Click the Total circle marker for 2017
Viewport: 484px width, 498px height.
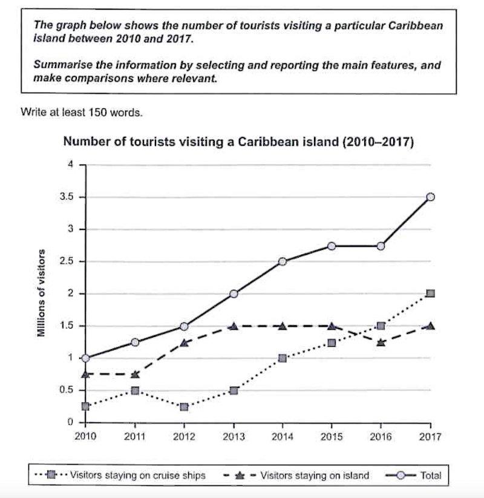point(430,197)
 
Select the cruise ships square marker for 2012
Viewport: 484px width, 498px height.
point(185,407)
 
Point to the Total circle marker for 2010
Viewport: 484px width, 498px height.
point(87,358)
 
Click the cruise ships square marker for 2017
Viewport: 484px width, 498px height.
point(430,293)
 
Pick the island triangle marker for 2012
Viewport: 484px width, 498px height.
point(185,342)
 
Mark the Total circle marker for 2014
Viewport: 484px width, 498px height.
point(283,261)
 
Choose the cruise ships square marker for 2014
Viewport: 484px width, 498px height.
point(283,358)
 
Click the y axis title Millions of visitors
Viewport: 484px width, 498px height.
point(42,293)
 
